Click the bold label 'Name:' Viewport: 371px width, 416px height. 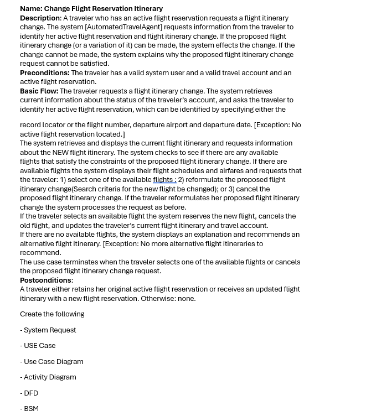coord(31,9)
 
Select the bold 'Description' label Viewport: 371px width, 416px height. coord(40,18)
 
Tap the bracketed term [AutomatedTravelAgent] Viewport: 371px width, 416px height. coord(123,27)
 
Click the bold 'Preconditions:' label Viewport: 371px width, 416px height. coord(45,73)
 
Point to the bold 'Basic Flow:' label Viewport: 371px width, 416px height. coord(39,91)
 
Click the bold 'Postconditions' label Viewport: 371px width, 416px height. coord(45,280)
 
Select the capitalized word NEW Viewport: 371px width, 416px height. coord(60,153)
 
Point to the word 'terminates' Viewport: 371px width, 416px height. coord(79,262)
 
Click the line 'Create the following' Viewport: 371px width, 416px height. coord(52,314)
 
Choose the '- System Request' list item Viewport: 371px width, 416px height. coord(48,330)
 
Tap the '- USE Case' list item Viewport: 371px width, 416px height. coord(38,346)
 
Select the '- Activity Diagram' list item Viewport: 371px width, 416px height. coord(48,377)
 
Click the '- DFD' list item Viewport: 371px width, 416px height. coord(29,393)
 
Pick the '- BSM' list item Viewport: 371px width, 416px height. coord(29,409)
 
